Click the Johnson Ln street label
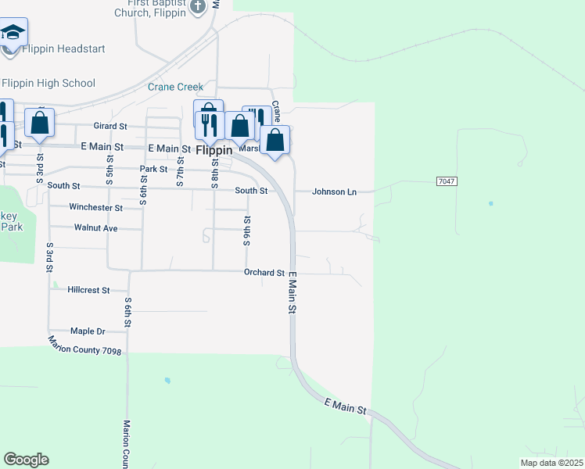point(335,191)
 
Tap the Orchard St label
point(264,273)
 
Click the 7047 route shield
point(446,181)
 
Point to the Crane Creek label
point(175,88)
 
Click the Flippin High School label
point(48,84)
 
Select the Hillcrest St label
point(88,290)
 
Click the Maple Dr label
point(88,331)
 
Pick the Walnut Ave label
point(95,228)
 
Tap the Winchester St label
point(95,208)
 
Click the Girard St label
point(110,126)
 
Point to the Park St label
point(154,169)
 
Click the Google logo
point(26,460)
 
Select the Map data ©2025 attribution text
point(551,463)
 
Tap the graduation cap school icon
point(13,32)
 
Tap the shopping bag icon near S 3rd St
point(39,123)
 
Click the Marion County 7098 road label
point(84,345)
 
